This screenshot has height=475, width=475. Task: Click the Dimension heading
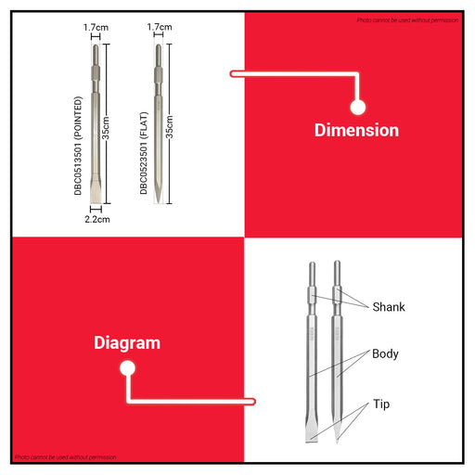point(356,130)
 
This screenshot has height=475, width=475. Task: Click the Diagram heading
point(127,343)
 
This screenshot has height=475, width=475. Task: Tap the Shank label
point(389,307)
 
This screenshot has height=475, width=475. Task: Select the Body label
point(385,354)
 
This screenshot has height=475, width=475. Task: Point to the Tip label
point(381,404)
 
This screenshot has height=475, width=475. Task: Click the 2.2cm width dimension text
point(97,219)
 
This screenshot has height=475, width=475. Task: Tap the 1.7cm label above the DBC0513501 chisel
point(96,27)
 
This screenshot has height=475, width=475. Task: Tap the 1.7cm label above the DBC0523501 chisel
point(160,27)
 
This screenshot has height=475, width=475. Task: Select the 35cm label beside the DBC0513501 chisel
point(106,128)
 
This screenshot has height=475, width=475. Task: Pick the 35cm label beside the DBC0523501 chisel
point(169,127)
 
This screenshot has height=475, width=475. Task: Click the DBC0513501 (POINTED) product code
point(78,146)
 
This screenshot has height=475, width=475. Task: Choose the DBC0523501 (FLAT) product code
point(144,153)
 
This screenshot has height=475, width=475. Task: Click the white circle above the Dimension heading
point(358,107)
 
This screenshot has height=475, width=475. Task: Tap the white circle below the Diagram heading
point(127,368)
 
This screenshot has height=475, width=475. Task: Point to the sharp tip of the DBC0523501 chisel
point(158,201)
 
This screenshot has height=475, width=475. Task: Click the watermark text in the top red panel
point(407,20)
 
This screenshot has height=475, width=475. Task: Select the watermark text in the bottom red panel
point(66,457)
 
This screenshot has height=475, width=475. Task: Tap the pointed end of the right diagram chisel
point(337,442)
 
